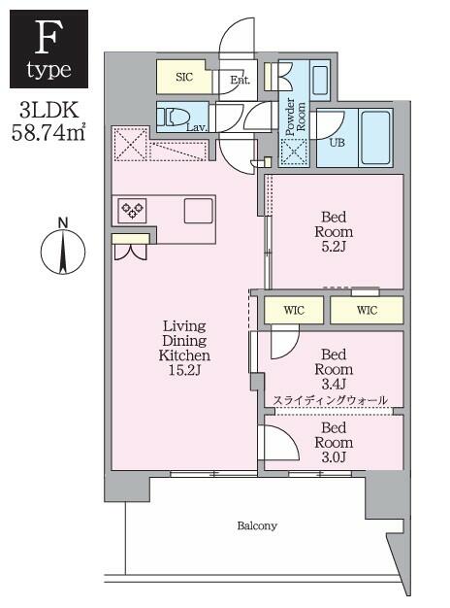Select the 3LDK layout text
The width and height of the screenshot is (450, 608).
pos(47,111)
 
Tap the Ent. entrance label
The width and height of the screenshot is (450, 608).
pos(241,81)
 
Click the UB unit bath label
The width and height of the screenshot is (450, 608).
pos(337,142)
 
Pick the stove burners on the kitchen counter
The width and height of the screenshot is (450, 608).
pos(131,209)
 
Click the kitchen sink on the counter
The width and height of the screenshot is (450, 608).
pos(199,210)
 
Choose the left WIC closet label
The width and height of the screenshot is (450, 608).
pos(292,310)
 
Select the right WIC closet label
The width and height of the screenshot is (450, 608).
pos(366,310)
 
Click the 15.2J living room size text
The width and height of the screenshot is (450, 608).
pos(184,371)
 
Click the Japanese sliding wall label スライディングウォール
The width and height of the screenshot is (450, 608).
pos(331,400)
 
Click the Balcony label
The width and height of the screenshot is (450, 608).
pos(257,525)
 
